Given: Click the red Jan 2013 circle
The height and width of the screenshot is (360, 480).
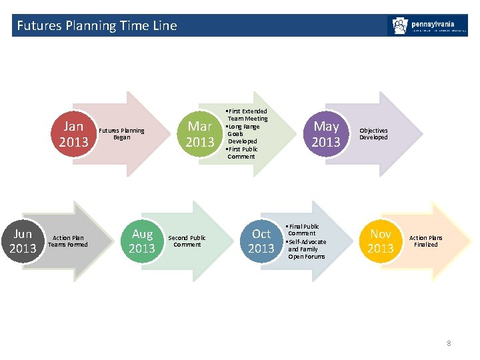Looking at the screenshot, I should [73, 134].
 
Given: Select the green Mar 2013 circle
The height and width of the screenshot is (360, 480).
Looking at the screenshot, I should [200, 134].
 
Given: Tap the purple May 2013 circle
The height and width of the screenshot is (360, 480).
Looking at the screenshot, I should [326, 134].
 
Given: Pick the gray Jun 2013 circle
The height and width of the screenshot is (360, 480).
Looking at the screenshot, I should [23, 241].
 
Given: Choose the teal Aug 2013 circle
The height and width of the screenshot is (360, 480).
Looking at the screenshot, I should [142, 241].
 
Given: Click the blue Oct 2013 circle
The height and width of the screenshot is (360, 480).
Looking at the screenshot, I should [261, 241].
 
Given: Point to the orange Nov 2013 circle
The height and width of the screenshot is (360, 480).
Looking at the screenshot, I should [381, 241].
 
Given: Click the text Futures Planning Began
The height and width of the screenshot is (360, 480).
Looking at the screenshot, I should [121, 134].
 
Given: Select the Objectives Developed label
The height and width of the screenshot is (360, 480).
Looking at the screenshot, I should [373, 134].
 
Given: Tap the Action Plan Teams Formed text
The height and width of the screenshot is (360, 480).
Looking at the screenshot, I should [69, 241].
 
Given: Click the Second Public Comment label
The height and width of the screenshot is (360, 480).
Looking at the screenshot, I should [187, 241].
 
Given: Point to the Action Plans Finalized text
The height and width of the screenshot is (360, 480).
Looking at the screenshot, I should [425, 241].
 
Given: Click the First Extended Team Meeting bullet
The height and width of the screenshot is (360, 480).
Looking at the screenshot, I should [247, 115].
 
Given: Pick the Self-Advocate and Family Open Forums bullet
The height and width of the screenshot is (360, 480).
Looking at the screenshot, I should [307, 249].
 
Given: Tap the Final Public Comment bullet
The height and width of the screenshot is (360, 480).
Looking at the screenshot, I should [303, 230].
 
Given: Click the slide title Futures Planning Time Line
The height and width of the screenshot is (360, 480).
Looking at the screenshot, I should [97, 26].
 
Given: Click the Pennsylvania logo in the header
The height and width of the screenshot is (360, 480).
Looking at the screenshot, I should [427, 26].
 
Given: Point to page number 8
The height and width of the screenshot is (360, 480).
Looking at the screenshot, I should [449, 343].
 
